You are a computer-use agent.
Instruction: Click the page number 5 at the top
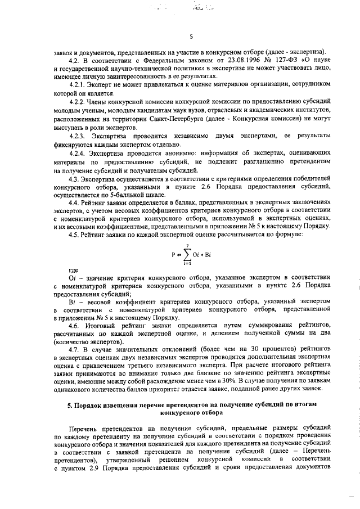click(191, 37)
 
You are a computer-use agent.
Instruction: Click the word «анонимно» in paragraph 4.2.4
click(180, 153)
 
